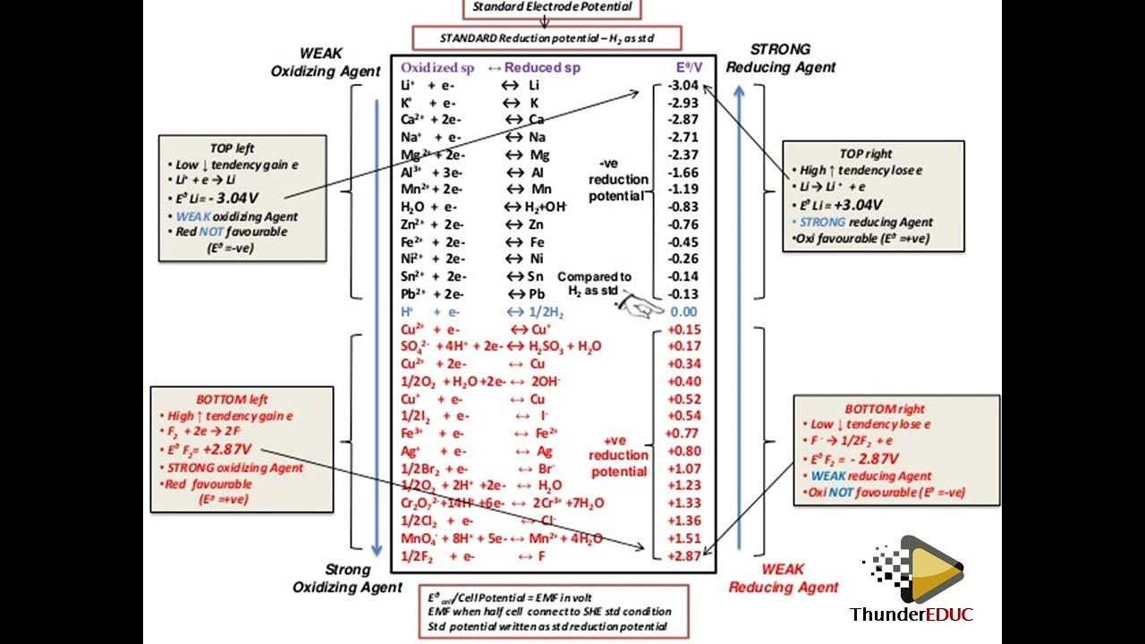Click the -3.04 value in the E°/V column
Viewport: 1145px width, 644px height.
click(683, 86)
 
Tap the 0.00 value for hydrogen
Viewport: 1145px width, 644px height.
click(683, 311)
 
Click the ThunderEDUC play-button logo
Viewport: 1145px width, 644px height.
click(929, 568)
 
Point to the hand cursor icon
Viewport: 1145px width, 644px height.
click(640, 307)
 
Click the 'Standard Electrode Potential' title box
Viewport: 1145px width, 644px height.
click(552, 7)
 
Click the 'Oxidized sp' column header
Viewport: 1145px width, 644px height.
click(438, 68)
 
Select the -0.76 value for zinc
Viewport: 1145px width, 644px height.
click(683, 225)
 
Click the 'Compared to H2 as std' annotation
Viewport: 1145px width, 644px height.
click(594, 284)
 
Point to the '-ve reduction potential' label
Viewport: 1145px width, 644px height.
click(617, 180)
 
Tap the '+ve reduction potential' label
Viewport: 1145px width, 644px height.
click(617, 455)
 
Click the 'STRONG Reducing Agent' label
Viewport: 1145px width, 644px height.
click(781, 58)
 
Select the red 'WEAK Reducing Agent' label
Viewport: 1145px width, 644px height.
click(784, 578)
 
